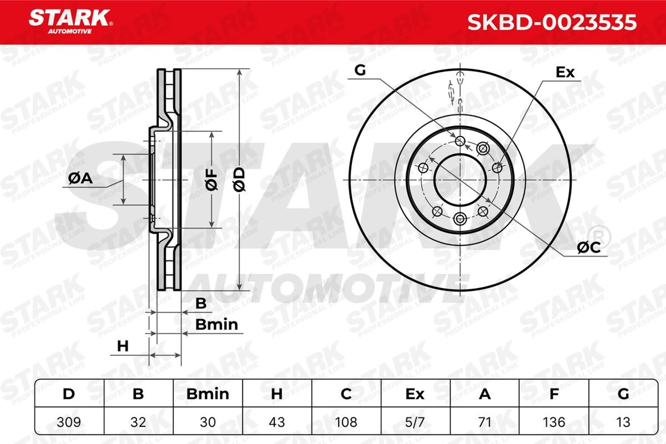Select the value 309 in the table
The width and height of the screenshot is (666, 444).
pyautogui.click(x=69, y=422)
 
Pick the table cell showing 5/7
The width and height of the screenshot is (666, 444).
pyautogui.click(x=415, y=422)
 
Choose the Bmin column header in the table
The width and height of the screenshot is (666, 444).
pyautogui.click(x=208, y=394)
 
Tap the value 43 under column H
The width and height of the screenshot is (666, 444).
pyautogui.click(x=277, y=422)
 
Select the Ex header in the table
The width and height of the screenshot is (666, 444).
pyautogui.click(x=415, y=394)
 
